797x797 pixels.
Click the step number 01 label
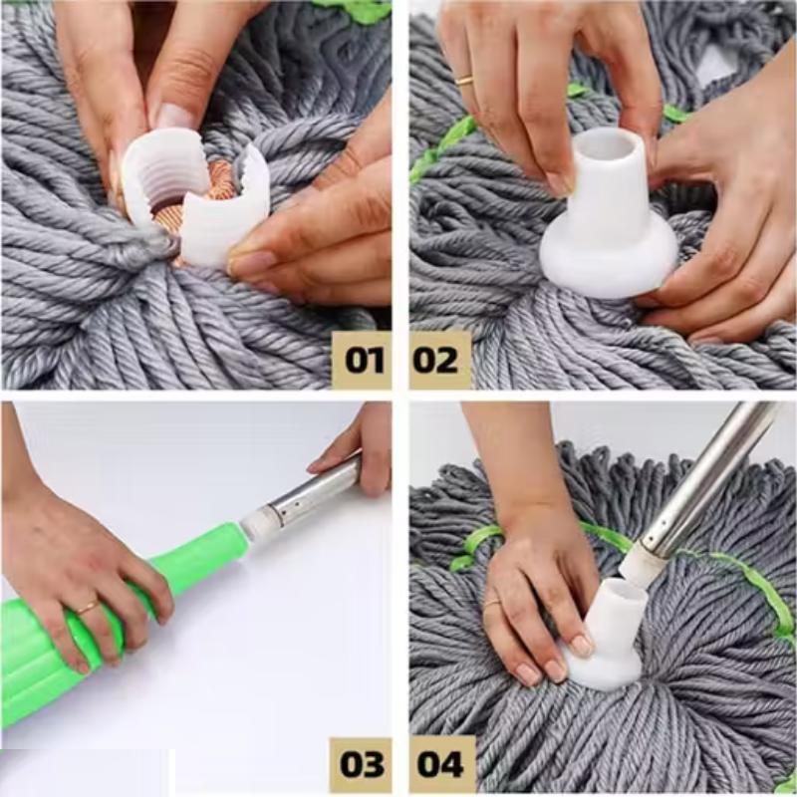coord(361,359)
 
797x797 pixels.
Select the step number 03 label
coord(361,764)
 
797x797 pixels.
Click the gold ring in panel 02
coord(464,80)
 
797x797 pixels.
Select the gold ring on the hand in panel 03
coord(88,607)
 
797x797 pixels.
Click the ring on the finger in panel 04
coord(491,602)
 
